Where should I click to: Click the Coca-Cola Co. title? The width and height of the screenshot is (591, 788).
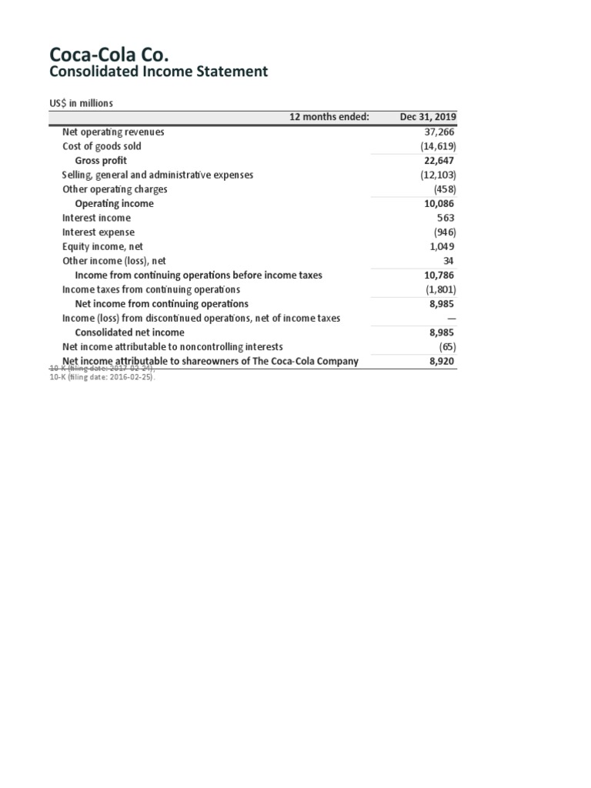(x=109, y=55)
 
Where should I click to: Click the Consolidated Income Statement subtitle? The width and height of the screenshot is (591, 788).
(x=159, y=72)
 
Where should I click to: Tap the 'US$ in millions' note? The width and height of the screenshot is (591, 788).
(x=82, y=104)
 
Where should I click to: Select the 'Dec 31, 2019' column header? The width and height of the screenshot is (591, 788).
(x=428, y=117)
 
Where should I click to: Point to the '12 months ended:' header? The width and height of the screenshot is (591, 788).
(x=329, y=117)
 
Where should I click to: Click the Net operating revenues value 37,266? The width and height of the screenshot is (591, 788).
(x=440, y=132)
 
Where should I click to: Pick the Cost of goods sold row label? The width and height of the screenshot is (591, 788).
(x=102, y=146)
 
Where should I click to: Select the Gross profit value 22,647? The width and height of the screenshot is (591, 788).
(x=440, y=161)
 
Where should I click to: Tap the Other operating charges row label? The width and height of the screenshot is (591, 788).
(x=115, y=189)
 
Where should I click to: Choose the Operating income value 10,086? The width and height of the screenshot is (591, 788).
(x=440, y=204)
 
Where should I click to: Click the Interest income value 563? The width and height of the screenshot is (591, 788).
(x=446, y=218)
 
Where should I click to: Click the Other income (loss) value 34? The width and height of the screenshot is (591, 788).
(x=449, y=261)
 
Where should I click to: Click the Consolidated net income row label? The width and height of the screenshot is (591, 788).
(x=129, y=332)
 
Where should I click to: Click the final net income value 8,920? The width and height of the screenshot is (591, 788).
(x=442, y=361)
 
